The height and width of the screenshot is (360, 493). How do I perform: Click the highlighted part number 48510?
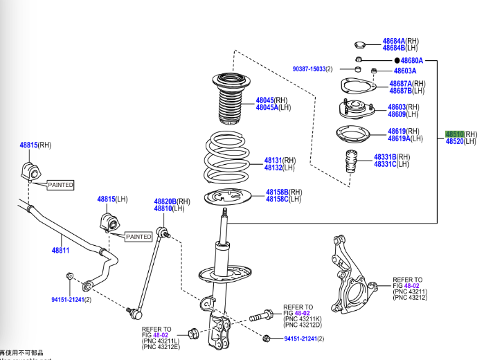[454, 134]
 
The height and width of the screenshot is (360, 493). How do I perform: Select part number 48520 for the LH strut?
[454, 141]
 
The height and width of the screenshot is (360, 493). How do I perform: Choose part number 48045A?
[267, 107]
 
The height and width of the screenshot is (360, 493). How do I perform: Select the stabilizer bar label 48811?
[60, 250]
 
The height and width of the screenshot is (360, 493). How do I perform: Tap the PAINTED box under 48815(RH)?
[60, 185]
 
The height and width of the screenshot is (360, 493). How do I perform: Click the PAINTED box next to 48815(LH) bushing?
[138, 237]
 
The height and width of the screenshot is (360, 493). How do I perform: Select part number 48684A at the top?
[394, 41]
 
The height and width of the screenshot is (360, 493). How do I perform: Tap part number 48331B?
[386, 156]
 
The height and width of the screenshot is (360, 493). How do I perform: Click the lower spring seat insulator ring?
[224, 197]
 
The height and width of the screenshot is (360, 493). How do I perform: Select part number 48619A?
[399, 138]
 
